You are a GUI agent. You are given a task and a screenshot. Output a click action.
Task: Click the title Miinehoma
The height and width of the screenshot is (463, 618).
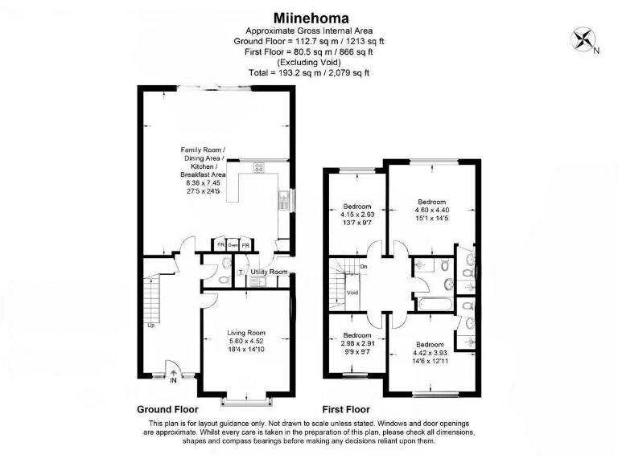[x=309, y=17]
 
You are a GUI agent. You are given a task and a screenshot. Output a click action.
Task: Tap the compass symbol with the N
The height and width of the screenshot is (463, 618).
[x=583, y=40]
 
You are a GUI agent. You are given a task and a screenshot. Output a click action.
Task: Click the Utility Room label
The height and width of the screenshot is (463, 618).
[x=269, y=272]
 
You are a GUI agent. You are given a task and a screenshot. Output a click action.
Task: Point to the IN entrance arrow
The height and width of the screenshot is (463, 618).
[x=174, y=373]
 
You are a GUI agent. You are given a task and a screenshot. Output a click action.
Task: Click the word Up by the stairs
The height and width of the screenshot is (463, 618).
[x=150, y=326]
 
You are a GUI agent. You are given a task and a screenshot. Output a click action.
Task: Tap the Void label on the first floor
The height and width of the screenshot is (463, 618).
[x=352, y=293]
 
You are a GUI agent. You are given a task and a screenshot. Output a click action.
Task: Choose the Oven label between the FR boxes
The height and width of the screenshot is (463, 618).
[x=233, y=244]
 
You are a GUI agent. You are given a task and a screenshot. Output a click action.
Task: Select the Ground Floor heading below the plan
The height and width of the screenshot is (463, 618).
[x=168, y=408]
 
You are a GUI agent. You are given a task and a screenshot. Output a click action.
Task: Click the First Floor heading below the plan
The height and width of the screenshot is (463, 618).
[x=350, y=408]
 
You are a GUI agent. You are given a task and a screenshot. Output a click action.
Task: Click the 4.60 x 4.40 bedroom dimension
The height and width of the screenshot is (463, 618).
[x=432, y=209]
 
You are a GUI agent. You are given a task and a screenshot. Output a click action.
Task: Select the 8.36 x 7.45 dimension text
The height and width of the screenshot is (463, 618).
[x=203, y=182]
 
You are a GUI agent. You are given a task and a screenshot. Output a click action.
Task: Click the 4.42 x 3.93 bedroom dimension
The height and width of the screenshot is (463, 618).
[x=432, y=351]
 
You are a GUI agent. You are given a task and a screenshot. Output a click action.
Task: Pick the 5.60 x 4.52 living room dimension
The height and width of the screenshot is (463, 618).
[x=245, y=342]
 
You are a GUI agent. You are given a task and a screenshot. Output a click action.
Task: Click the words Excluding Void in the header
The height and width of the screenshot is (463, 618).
[x=309, y=62]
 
